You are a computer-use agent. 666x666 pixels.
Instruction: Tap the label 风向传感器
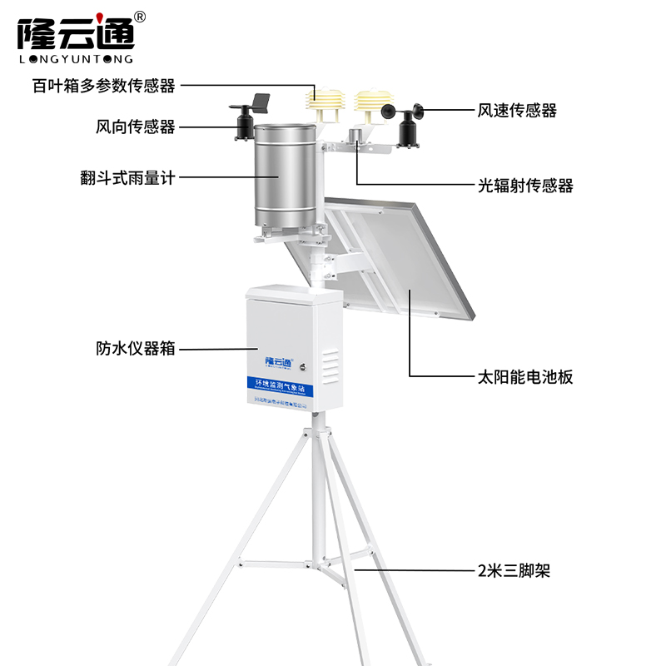135,127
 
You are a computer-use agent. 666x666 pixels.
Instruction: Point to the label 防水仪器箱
135,349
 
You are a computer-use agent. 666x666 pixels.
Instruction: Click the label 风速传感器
517,110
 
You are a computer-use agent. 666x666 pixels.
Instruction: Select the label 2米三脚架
514,571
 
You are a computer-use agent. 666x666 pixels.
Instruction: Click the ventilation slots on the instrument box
330,366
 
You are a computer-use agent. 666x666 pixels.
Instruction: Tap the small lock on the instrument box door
305,363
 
